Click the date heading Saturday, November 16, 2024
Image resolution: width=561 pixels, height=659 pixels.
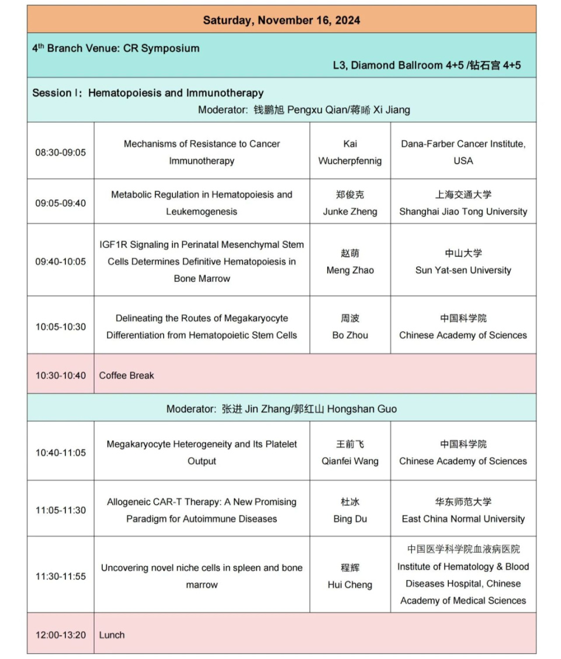pyautogui.click(x=281, y=20)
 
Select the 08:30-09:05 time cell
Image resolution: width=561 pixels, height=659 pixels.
pyautogui.click(x=60, y=152)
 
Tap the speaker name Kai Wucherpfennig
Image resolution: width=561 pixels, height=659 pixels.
pyautogui.click(x=349, y=152)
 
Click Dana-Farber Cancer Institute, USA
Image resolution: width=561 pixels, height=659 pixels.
pyautogui.click(x=463, y=152)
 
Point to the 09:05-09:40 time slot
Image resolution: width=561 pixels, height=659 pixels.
pyautogui.click(x=60, y=203)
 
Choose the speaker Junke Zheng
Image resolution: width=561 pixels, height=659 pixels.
pyautogui.click(x=349, y=212)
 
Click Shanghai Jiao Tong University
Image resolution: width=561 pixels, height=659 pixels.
pyautogui.click(x=463, y=212)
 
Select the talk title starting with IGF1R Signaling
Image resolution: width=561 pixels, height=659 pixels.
pyautogui.click(x=202, y=261)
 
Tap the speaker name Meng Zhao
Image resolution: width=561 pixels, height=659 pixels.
pyautogui.click(x=349, y=270)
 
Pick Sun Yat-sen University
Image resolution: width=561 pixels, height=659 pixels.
pyautogui.click(x=463, y=270)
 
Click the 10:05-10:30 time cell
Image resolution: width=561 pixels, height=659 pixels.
pyautogui.click(x=60, y=327)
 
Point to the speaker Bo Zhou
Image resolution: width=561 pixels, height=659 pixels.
pyautogui.click(x=349, y=335)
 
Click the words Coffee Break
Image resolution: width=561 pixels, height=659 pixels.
pyautogui.click(x=127, y=375)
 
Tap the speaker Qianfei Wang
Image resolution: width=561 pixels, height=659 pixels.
pyautogui.click(x=349, y=461)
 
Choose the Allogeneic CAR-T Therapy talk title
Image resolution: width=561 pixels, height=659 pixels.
pyautogui.click(x=202, y=510)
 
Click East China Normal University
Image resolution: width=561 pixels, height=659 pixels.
pyautogui.click(x=463, y=519)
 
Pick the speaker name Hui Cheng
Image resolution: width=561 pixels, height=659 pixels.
pyautogui.click(x=349, y=585)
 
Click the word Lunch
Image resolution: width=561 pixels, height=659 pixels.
pyautogui.click(x=112, y=634)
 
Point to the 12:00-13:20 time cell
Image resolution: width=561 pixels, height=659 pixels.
pyautogui.click(x=60, y=634)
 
